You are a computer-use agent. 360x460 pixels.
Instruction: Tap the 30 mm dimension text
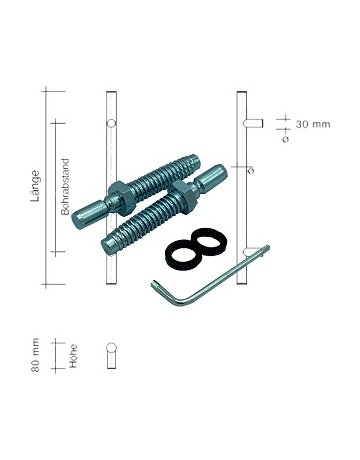click(x=313, y=124)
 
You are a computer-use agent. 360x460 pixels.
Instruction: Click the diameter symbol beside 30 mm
click(x=286, y=138)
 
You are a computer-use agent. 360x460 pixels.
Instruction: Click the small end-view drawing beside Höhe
click(x=112, y=355)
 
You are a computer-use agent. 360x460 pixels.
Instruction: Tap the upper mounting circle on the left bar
click(x=111, y=124)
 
